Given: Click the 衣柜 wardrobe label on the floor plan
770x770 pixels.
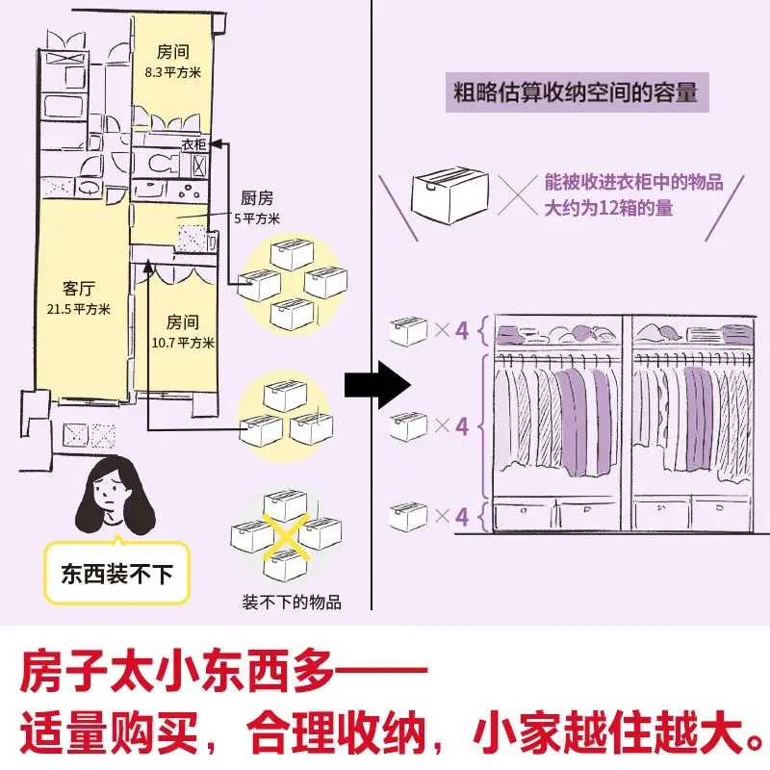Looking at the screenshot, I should point(193,145).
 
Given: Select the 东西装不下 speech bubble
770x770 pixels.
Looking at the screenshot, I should point(116,575).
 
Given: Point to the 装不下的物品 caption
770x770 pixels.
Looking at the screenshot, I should point(292,603).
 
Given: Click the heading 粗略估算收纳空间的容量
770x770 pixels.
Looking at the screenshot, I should point(576,94).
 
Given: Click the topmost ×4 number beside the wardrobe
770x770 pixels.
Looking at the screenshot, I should point(462,330).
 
